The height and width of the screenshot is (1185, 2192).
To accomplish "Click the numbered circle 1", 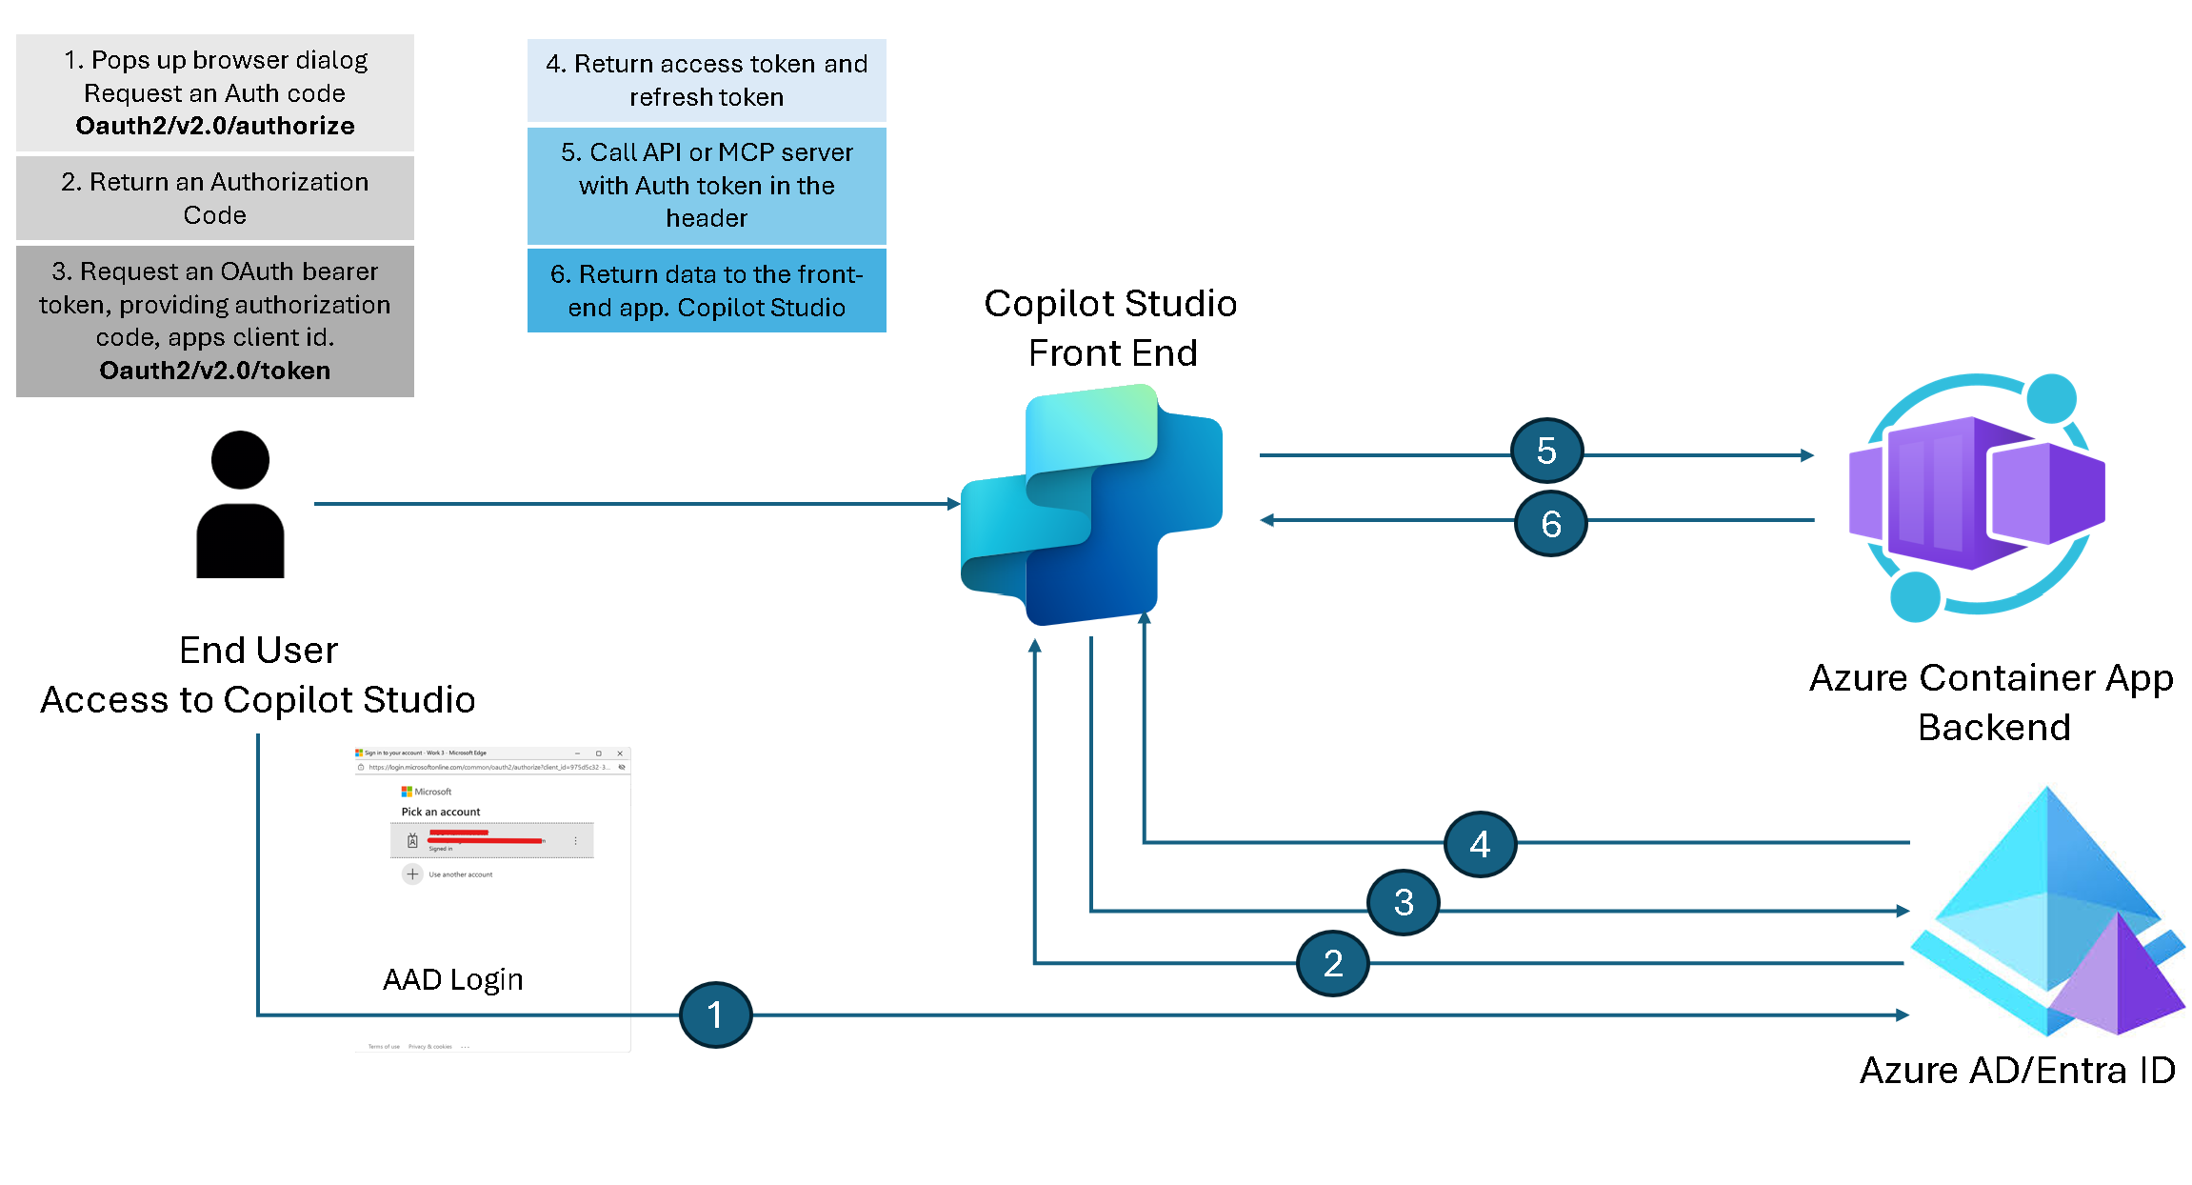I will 715,1014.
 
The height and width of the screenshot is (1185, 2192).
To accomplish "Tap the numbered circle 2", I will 1332,963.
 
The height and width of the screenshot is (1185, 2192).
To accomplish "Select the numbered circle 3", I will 1403,902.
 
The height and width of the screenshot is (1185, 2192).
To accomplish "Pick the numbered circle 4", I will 1480,844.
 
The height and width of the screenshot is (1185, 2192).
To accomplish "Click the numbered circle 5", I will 1546,451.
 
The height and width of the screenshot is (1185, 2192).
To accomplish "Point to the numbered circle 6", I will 1550,523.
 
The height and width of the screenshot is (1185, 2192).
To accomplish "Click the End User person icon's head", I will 240,460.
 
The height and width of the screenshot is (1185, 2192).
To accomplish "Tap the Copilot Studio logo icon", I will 1091,505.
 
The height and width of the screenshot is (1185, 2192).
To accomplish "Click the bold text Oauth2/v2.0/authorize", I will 215,126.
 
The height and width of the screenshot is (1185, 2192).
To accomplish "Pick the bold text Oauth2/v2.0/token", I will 215,371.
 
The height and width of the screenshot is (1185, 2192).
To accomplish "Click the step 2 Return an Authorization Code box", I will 215,198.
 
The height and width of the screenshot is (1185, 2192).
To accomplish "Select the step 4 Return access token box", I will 707,80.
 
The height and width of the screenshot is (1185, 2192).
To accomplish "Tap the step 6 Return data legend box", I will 707,291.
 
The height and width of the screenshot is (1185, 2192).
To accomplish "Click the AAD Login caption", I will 453,979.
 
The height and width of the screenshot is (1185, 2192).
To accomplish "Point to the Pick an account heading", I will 440,812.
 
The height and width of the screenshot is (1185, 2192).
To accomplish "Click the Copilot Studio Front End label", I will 1111,328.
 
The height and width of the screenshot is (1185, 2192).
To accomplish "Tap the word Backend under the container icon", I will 1994,727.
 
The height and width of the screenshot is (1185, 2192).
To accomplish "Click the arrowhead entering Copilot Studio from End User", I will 953,504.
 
